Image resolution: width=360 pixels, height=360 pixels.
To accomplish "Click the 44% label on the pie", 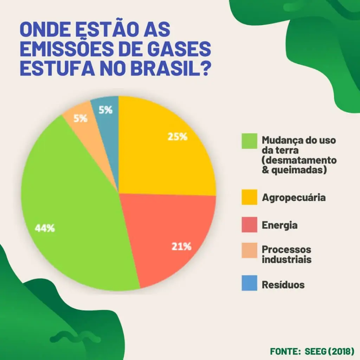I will pos(45,228).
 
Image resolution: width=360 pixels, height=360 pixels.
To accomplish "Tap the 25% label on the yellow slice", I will pos(178,137).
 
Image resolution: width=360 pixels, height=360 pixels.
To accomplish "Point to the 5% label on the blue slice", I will pos(105,110).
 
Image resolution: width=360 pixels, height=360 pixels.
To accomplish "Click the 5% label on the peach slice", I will pos(80,118).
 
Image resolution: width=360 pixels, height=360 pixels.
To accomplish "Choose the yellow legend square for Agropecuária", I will pos(249,197).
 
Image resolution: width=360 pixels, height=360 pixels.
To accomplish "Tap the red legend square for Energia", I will pos(249,225).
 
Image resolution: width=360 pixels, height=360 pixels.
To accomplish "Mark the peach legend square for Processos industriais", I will pos(249,251).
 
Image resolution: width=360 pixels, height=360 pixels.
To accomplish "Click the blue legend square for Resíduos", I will pos(249,284).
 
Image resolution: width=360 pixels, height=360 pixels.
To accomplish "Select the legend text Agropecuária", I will pos(294,198).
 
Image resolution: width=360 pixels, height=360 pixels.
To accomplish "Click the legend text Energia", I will pos(279,225).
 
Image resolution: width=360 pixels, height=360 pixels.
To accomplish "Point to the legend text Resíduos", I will pos(283,284).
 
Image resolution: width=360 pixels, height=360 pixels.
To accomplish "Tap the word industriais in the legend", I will pos(287,260).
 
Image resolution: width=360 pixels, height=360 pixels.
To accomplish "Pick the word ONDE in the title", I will pos(43,30).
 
